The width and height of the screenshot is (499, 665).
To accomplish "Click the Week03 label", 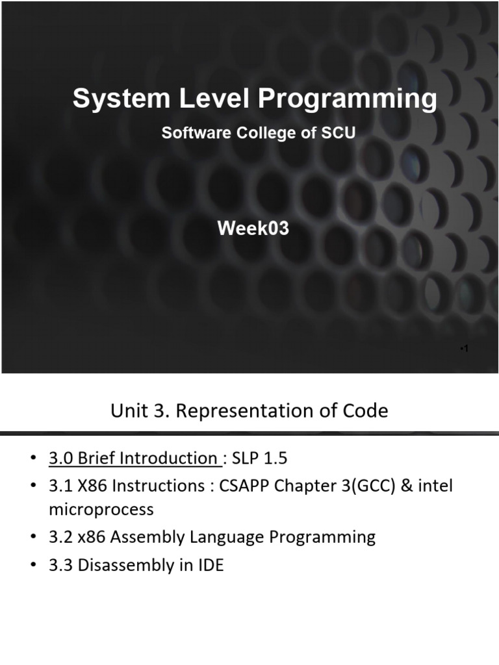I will click(253, 229).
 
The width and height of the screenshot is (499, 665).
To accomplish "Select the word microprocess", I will click(101, 509).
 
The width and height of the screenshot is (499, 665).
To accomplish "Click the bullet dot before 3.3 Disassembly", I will click(34, 566).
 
